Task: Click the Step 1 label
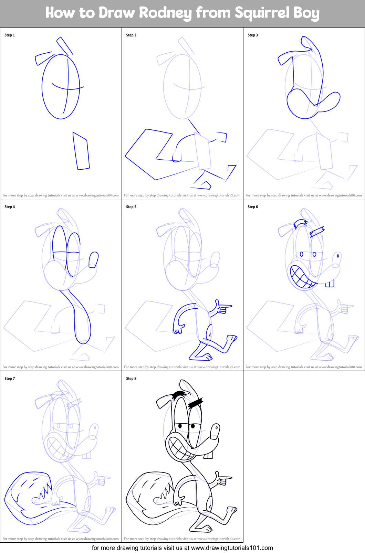(x=10, y=35)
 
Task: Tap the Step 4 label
(x=10, y=207)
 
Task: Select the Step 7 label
(x=10, y=379)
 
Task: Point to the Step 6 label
(x=253, y=207)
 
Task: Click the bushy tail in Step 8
(x=148, y=496)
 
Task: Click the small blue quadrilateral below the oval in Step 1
(x=81, y=151)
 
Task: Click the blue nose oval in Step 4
(x=93, y=260)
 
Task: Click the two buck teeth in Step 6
(x=330, y=284)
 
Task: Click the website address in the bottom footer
(x=232, y=548)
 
